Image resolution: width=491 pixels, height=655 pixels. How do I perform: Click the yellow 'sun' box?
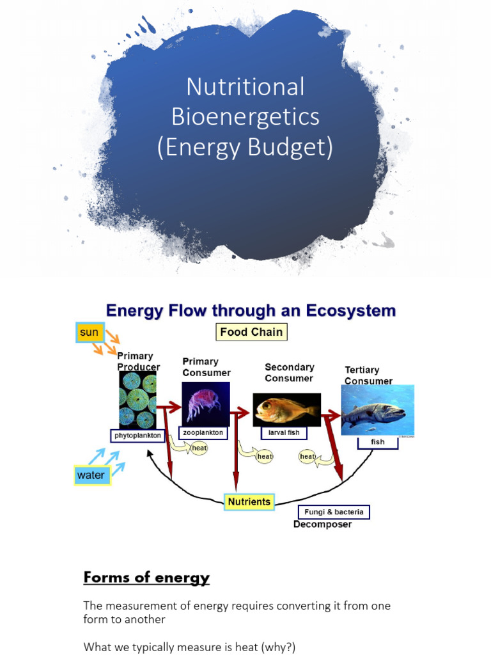tap(88, 333)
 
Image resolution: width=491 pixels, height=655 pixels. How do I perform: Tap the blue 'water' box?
tap(91, 475)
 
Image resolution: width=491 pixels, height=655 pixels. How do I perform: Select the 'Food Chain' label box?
tap(251, 332)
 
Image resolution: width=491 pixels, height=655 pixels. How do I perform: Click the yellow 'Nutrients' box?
tap(249, 502)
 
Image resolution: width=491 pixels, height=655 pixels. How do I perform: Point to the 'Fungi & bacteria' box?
tap(334, 512)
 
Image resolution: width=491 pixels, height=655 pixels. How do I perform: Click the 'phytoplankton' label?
tap(138, 436)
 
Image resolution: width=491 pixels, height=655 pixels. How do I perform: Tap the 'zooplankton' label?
tap(203, 433)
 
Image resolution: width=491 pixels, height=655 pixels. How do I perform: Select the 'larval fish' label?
tap(284, 433)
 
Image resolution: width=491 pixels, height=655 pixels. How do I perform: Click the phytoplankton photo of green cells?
tap(137, 400)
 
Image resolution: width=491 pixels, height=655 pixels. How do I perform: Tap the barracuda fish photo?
tap(377, 411)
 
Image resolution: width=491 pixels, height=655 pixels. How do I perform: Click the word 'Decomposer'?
tap(322, 525)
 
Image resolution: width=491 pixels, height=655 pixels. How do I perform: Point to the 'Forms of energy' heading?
tap(146, 578)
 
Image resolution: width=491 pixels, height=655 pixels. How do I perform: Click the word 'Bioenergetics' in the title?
tap(245, 117)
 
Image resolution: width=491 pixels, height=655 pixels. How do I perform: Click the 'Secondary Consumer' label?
tap(290, 372)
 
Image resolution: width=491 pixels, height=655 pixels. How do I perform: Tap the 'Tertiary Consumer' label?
tap(368, 375)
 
